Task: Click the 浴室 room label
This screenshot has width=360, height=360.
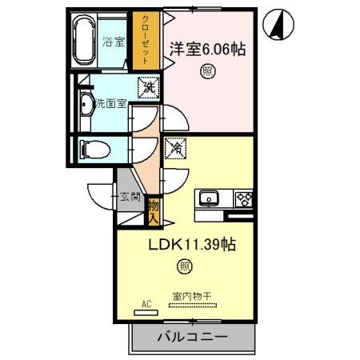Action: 114,42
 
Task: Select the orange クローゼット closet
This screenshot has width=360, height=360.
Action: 146,39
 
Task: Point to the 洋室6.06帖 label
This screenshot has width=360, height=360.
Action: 206,49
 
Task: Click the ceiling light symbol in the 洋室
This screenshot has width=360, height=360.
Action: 206,71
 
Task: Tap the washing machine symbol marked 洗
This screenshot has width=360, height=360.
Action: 146,86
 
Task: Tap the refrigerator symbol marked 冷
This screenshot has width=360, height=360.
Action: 176,147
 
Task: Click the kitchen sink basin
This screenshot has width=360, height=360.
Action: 211,198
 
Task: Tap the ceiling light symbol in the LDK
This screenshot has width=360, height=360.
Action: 185,266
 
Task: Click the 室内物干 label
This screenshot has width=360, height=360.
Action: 191,296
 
